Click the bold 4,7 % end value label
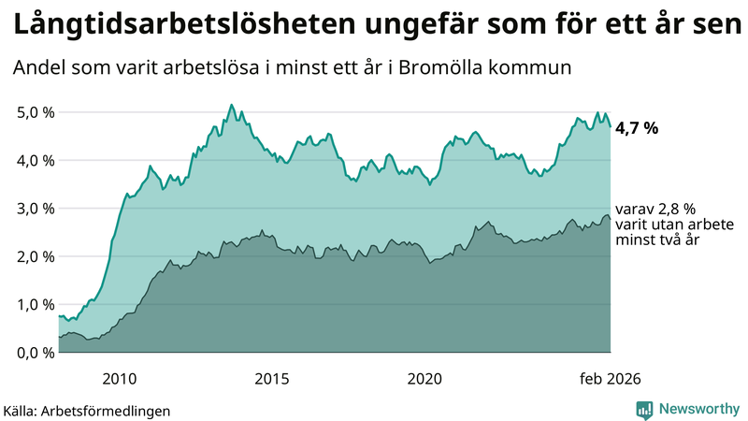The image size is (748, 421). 636,128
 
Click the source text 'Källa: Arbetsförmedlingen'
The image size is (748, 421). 87,411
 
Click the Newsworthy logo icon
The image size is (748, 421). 644,409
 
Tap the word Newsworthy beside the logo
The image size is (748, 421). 698,409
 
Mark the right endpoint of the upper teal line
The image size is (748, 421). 611,126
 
